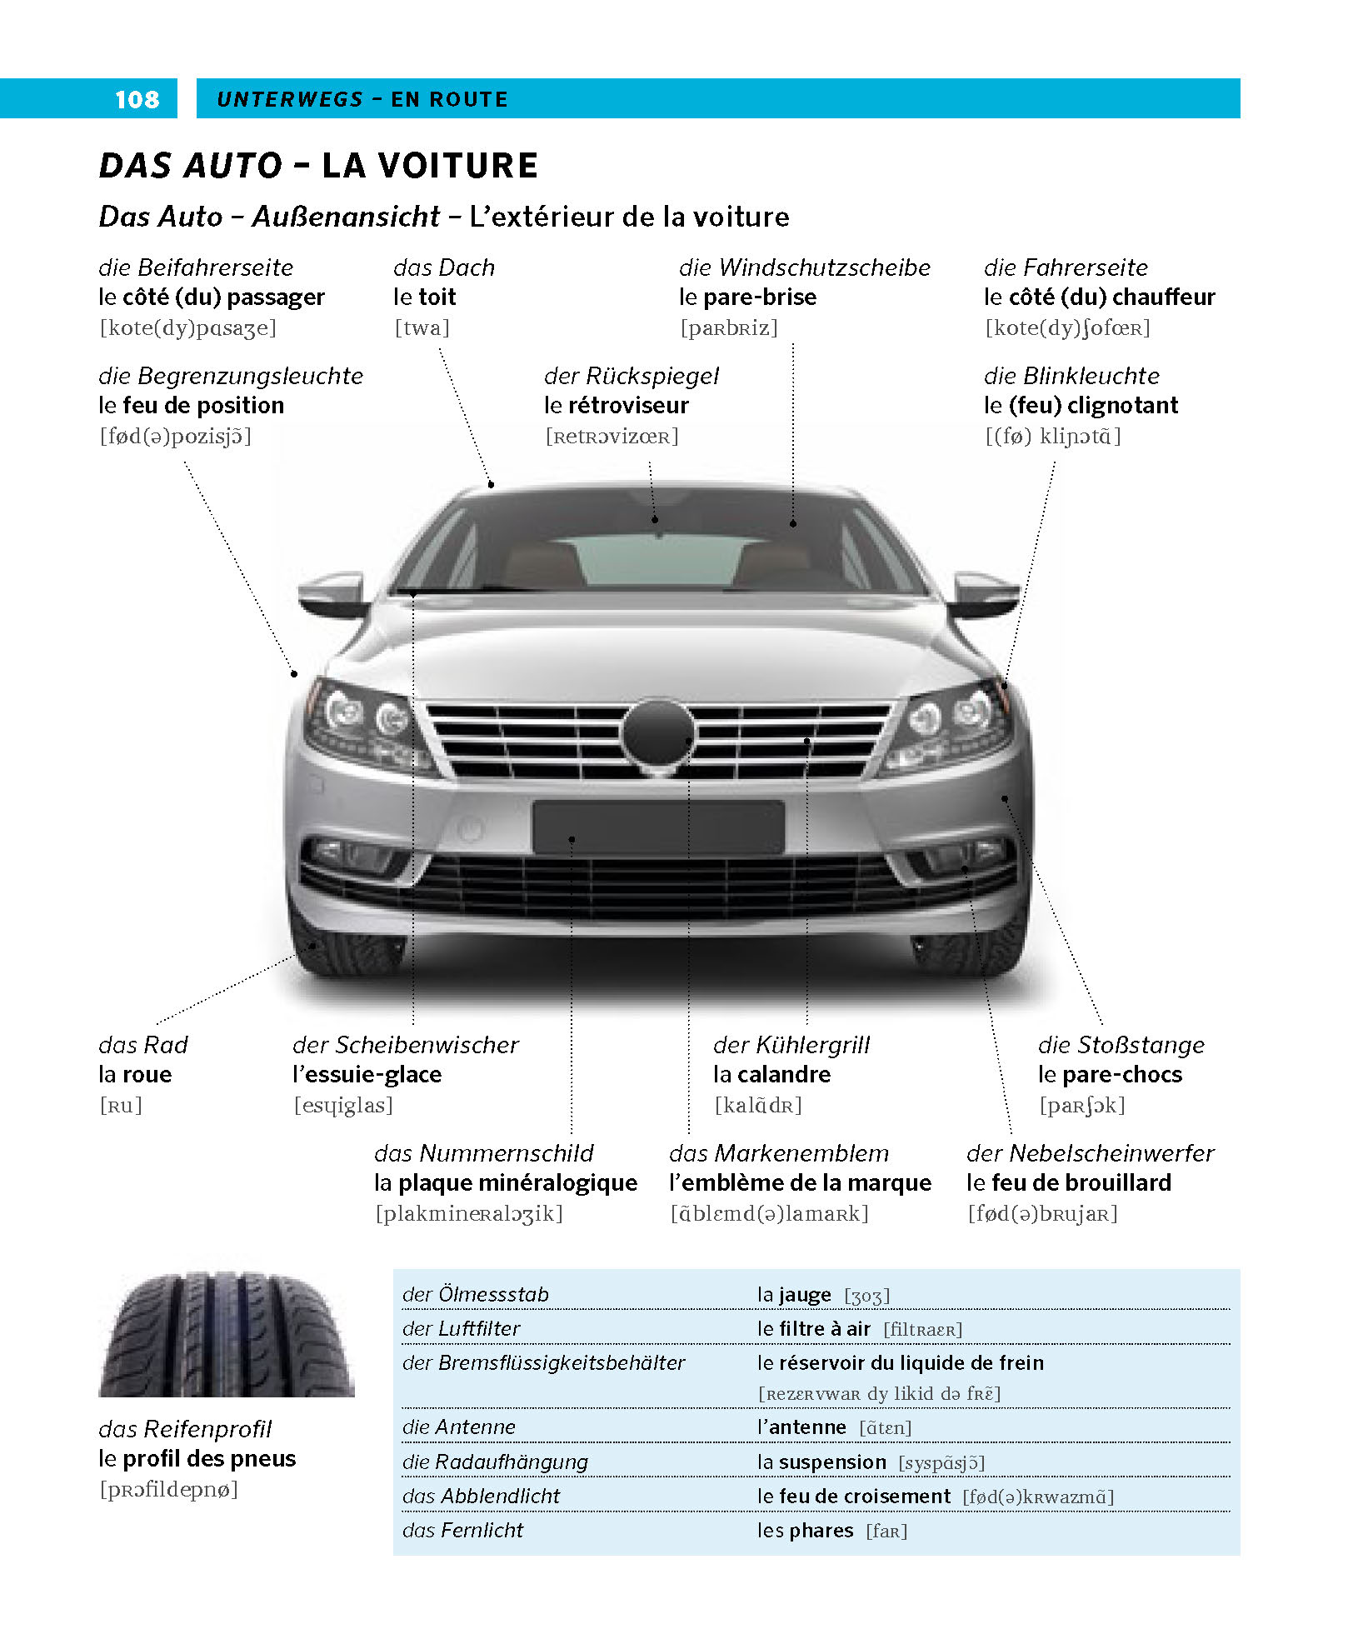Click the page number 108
click(137, 99)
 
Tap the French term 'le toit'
click(425, 297)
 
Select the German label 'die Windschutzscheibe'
click(804, 267)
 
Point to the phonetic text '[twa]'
click(422, 328)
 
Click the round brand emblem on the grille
click(658, 732)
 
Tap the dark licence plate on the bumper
click(658, 827)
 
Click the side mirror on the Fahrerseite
click(986, 592)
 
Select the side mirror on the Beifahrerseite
click(332, 592)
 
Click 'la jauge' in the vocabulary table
click(794, 1295)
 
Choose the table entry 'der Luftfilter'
click(461, 1329)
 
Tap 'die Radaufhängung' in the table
click(495, 1462)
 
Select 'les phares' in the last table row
click(805, 1531)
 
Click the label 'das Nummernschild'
click(483, 1153)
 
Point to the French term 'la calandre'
click(771, 1075)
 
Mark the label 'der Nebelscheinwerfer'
click(1090, 1153)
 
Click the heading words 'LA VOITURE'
click(430, 166)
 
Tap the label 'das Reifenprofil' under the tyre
click(185, 1429)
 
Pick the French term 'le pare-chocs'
click(1110, 1075)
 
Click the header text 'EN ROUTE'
click(449, 100)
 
